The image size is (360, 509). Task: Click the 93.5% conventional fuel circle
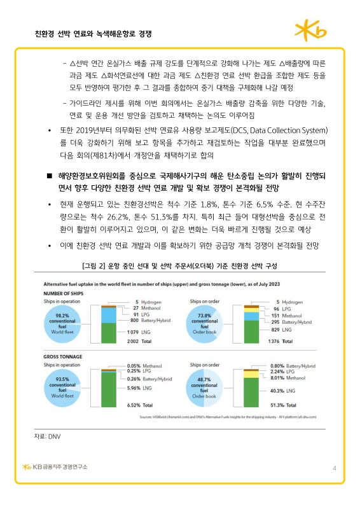(63, 387)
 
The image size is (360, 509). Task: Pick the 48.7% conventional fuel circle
(205, 387)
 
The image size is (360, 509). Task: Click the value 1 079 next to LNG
(134, 331)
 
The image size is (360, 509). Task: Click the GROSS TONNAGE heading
(61, 357)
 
